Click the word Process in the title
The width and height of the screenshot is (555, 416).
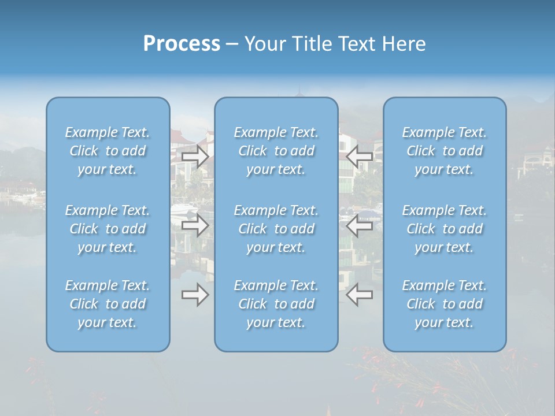pyautogui.click(x=182, y=44)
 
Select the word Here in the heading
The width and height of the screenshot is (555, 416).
pyautogui.click(x=403, y=44)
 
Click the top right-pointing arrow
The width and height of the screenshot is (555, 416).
pyautogui.click(x=195, y=157)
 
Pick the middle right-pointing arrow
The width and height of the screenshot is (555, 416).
pyautogui.click(x=195, y=225)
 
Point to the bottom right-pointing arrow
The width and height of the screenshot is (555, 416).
pyautogui.click(x=195, y=295)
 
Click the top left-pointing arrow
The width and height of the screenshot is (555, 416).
pyautogui.click(x=360, y=155)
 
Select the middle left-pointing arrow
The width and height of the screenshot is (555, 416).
pyautogui.click(x=360, y=225)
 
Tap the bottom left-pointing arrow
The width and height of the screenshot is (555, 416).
pyautogui.click(x=360, y=295)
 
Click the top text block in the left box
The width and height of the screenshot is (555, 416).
pyautogui.click(x=108, y=151)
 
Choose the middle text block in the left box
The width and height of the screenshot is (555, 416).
pyautogui.click(x=108, y=229)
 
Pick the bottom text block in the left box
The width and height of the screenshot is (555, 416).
pyautogui.click(x=108, y=304)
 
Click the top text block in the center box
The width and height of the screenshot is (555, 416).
pyautogui.click(x=276, y=151)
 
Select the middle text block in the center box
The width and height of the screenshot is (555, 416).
pyautogui.click(x=276, y=229)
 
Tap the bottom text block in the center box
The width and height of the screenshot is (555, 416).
pyautogui.click(x=276, y=304)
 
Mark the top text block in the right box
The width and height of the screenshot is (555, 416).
pyautogui.click(x=444, y=151)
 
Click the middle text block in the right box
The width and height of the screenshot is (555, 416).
pyautogui.click(x=444, y=229)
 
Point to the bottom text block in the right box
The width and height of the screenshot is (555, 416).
pyautogui.click(x=444, y=304)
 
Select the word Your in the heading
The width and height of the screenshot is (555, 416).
pyautogui.click(x=264, y=44)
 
